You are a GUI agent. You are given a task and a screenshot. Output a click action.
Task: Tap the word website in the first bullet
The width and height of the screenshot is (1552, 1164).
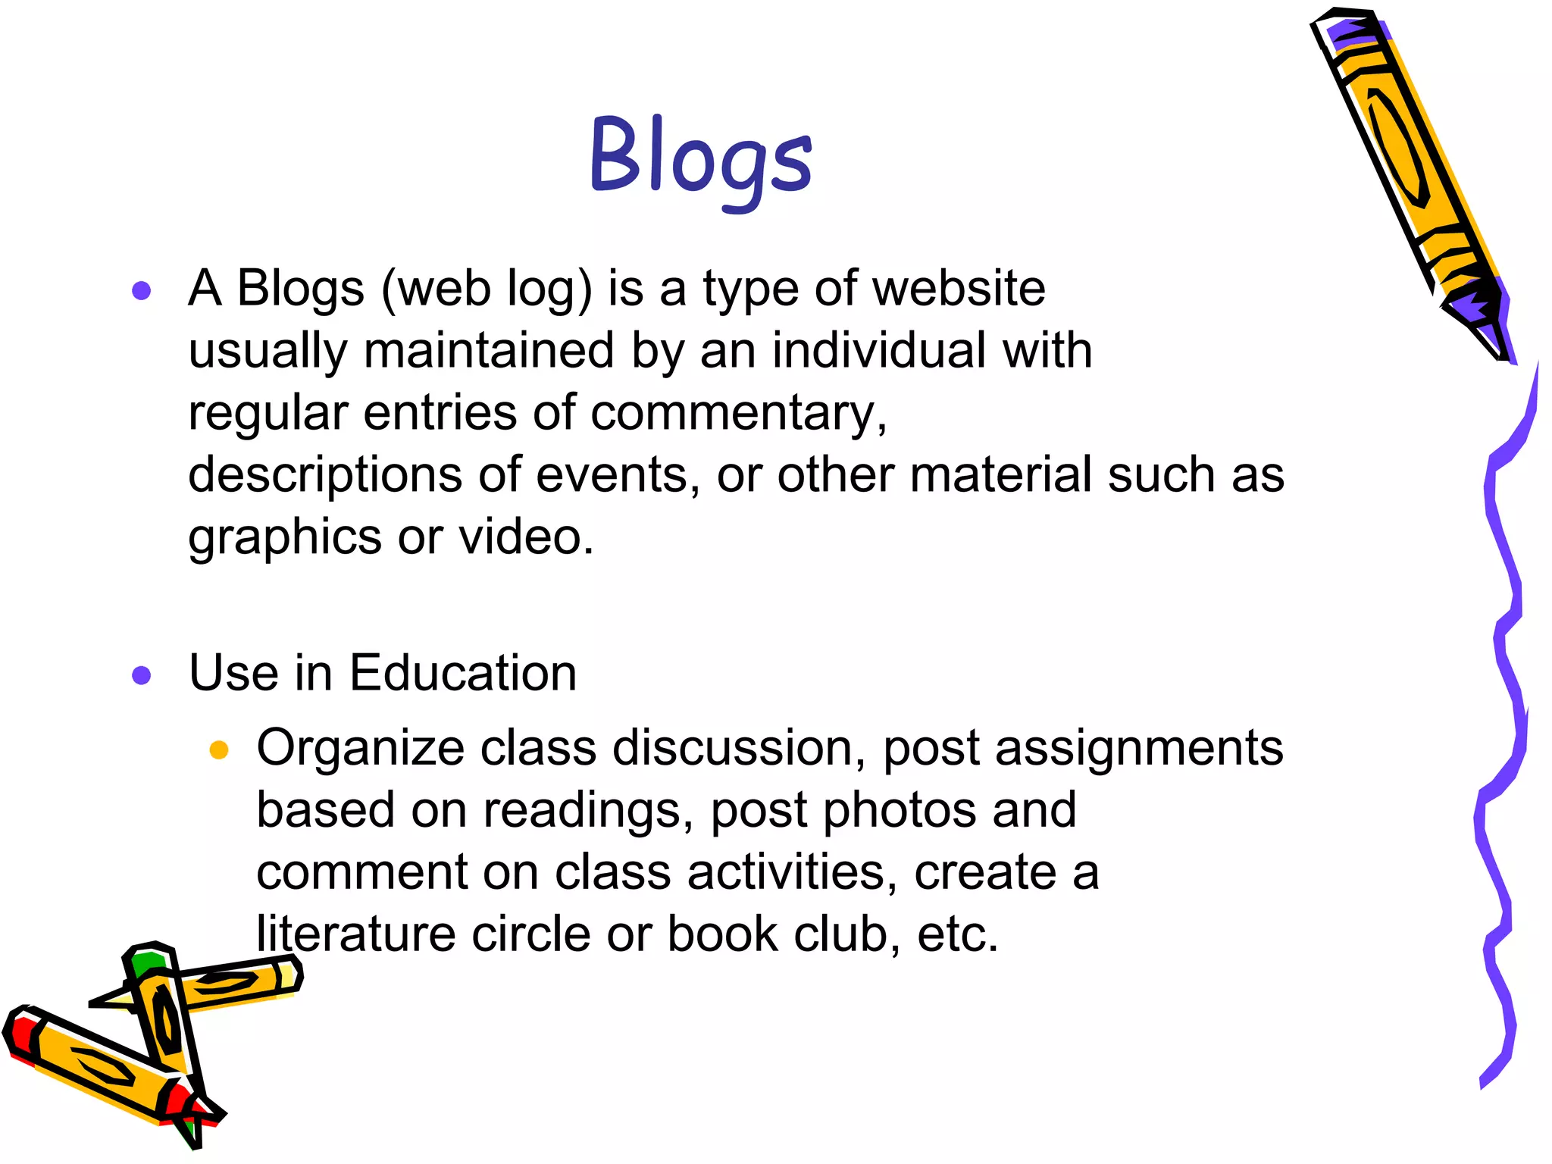(958, 289)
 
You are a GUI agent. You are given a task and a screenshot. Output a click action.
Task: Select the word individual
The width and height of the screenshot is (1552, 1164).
(879, 351)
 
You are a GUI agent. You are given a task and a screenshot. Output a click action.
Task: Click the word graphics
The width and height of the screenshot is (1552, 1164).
(285, 538)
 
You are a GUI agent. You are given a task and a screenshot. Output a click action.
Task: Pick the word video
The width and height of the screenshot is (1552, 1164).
(525, 537)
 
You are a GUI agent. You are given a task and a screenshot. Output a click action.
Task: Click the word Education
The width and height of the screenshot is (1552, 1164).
(463, 673)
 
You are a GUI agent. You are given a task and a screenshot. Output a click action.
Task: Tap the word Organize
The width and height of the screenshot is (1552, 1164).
(360, 749)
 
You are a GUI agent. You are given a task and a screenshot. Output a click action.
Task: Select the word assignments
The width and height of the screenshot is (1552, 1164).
(1138, 749)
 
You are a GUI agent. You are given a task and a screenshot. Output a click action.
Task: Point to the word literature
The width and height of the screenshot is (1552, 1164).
(356, 934)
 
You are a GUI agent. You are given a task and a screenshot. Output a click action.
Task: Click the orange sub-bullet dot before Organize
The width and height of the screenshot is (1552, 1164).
(219, 750)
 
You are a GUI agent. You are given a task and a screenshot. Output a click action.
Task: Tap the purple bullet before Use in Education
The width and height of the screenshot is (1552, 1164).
(142, 674)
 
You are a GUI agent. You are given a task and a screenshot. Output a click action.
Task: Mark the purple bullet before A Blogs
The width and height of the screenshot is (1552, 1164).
(142, 290)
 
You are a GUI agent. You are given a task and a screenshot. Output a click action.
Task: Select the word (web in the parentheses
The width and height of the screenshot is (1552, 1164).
(436, 289)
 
